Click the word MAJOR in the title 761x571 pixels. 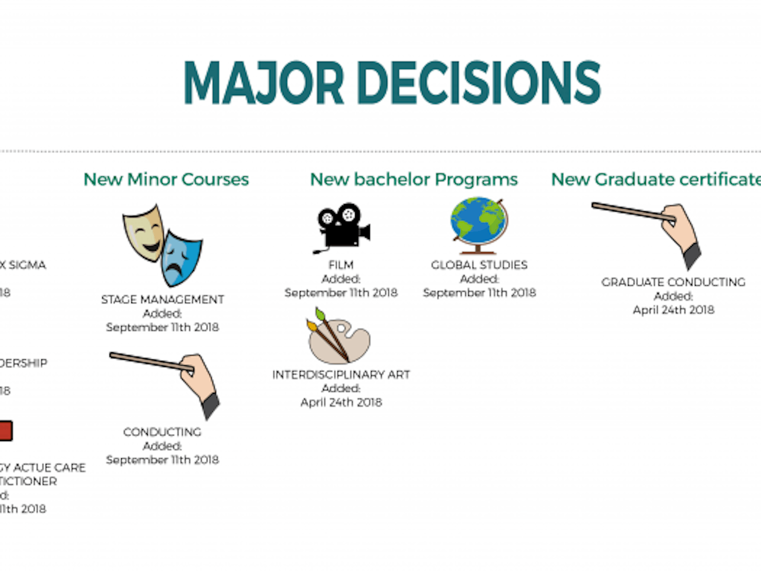click(x=264, y=83)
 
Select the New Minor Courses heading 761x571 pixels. click(x=166, y=179)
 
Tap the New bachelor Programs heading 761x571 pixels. click(x=413, y=179)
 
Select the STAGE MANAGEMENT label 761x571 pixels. click(x=162, y=299)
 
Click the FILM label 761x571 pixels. click(x=341, y=265)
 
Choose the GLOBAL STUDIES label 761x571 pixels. click(x=479, y=265)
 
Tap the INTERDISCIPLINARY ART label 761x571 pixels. click(x=341, y=375)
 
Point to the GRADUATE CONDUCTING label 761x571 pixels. click(x=673, y=282)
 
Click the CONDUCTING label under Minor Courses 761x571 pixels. click(x=162, y=432)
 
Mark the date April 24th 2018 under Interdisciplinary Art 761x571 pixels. click(x=341, y=402)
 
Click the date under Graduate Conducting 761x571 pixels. click(x=673, y=310)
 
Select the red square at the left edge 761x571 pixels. click(x=5, y=431)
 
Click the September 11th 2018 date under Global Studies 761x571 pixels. click(x=479, y=293)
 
